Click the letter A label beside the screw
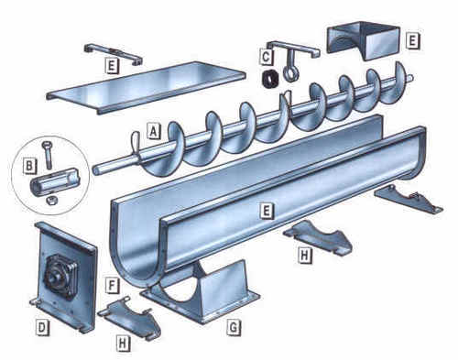(154, 132)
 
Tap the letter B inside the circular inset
(30, 168)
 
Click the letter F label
(110, 285)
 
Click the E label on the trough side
(266, 211)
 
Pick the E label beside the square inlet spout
(413, 41)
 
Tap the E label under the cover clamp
(110, 66)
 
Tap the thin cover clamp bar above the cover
(113, 50)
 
